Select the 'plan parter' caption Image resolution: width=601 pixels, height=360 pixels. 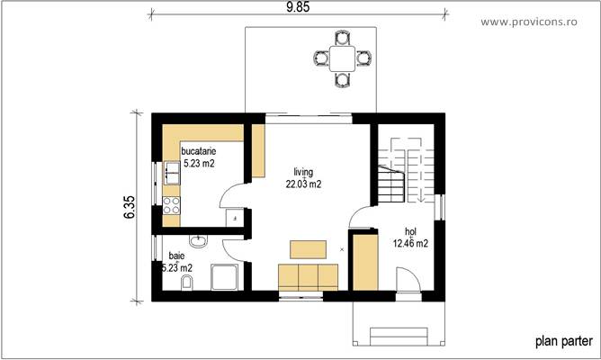(x=563, y=340)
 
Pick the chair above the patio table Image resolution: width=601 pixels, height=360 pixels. (x=342, y=38)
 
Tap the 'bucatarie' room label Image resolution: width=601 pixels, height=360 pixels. (x=199, y=152)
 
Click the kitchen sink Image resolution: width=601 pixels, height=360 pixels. (x=169, y=172)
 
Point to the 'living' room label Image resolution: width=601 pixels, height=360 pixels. (x=303, y=171)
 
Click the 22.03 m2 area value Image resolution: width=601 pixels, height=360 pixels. (x=303, y=184)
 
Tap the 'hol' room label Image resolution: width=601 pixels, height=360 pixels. (x=410, y=230)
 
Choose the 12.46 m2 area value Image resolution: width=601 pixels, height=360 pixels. (x=410, y=243)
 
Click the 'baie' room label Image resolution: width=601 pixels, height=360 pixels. (x=176, y=256)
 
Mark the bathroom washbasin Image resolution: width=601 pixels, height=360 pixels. (x=199, y=239)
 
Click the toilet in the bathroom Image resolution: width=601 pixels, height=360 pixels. (x=185, y=285)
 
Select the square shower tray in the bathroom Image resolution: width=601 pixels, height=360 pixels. (x=224, y=279)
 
